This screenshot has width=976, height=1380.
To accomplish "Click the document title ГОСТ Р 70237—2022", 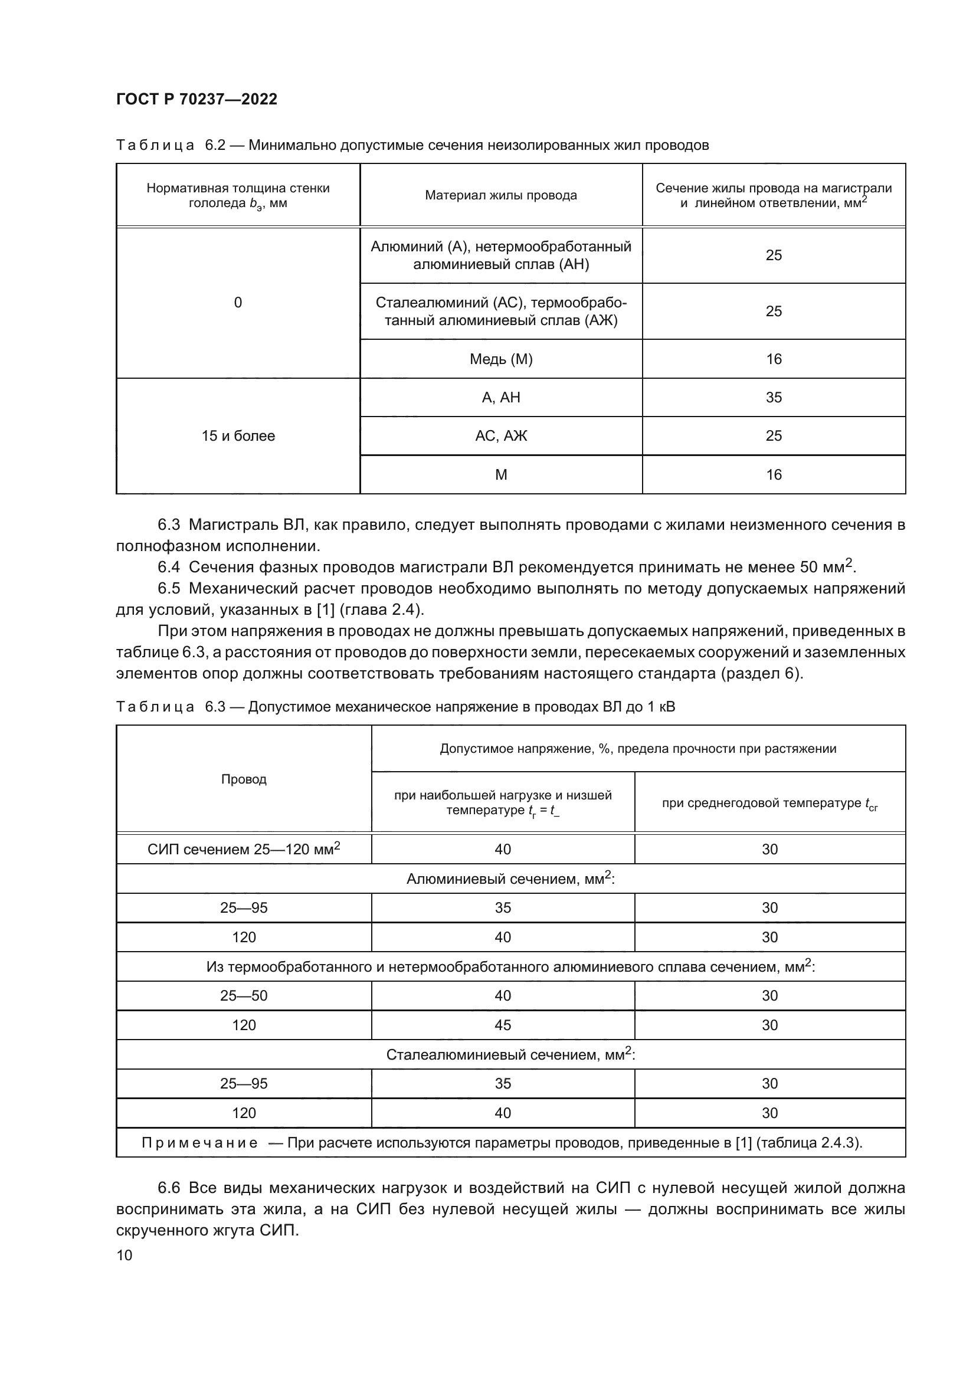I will tap(196, 99).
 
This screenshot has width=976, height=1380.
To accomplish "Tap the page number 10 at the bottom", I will tap(125, 1255).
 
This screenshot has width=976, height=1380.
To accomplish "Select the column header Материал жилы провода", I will tap(500, 195).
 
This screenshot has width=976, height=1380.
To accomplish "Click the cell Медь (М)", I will tap(500, 359).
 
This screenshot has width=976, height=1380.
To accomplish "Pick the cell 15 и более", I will tap(238, 436).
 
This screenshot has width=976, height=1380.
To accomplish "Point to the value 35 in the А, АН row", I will tap(774, 397).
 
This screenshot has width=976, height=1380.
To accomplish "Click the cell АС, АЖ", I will tap(500, 436).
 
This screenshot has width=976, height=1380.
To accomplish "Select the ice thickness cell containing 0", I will tap(238, 302).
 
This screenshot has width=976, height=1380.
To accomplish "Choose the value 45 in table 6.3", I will tap(502, 1025).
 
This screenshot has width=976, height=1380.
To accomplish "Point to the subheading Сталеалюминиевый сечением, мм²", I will tap(510, 1054).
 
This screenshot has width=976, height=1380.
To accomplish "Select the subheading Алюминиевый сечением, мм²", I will tap(510, 879).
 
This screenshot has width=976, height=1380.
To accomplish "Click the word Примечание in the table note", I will tap(199, 1143).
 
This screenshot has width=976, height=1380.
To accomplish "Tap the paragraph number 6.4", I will tap(169, 567).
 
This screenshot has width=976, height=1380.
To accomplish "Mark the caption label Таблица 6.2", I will tap(170, 146).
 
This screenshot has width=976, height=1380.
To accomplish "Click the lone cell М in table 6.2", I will tap(500, 475).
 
